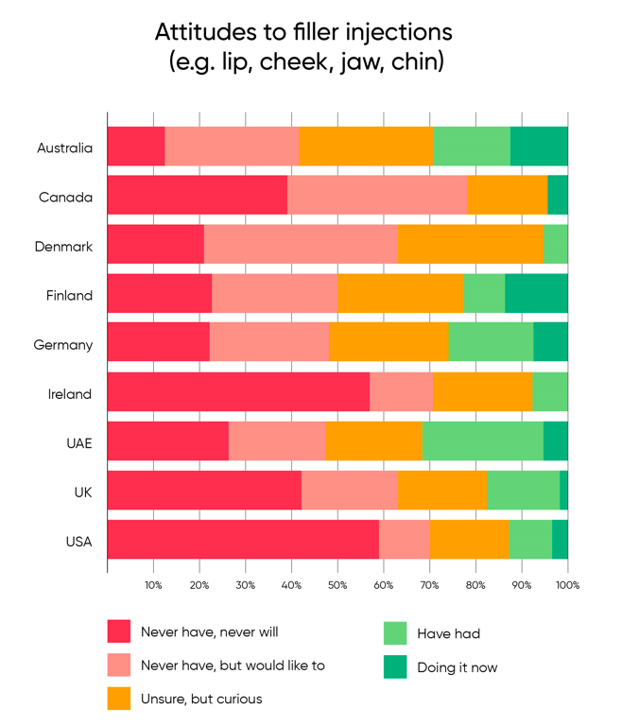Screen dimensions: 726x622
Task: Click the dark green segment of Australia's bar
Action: [539, 146]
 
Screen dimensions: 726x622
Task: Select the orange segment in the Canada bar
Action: [507, 195]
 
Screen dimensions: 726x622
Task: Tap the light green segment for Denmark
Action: [556, 244]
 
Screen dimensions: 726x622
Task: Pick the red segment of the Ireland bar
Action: [238, 391]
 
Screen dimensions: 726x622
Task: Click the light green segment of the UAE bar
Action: [482, 441]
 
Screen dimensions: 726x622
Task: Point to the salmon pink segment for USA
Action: [405, 539]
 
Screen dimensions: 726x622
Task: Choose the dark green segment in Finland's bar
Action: [536, 293]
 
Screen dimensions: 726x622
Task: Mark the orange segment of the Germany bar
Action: [389, 342]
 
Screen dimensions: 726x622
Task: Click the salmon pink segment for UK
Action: [350, 490]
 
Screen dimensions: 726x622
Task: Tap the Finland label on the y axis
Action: [69, 296]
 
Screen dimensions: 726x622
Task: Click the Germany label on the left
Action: [63, 345]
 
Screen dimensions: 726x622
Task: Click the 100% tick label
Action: [567, 586]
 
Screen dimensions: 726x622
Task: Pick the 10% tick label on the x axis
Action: [153, 586]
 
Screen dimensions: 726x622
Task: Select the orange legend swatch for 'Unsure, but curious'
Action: [119, 699]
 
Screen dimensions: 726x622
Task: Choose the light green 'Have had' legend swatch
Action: [395, 633]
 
